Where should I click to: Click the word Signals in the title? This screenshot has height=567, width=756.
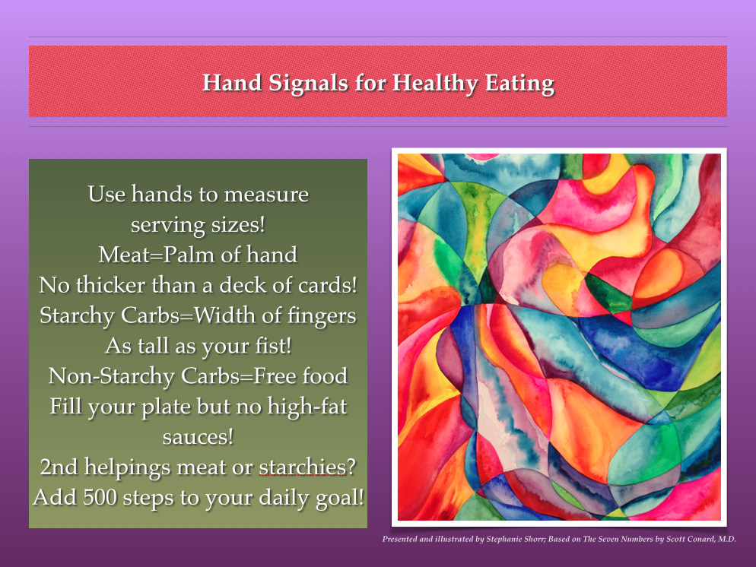pos(308,83)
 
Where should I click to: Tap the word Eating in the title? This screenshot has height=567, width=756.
pos(519,84)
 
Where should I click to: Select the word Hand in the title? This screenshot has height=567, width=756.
pos(232,83)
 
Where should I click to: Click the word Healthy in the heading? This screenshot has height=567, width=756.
pos(435,84)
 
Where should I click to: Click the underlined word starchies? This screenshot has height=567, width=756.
pos(302,467)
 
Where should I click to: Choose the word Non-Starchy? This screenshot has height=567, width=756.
pos(111,376)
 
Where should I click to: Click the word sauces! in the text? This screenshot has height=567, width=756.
pos(199,437)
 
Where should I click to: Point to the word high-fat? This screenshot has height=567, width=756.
pos(307,407)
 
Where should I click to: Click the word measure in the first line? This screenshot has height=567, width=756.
pos(266,194)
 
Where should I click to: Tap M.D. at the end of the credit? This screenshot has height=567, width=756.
pos(727,539)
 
